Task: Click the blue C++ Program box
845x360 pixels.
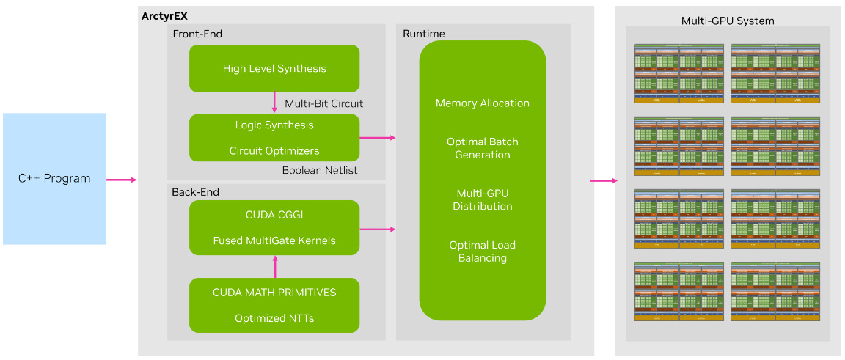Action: [x=54, y=178]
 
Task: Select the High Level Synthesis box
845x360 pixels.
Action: [x=274, y=68]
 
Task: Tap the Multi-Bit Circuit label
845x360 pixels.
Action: [x=323, y=103]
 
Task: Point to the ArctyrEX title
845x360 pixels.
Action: [x=164, y=15]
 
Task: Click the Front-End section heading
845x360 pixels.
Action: [x=197, y=34]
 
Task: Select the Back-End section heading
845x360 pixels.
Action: [x=195, y=192]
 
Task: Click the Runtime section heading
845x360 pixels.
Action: [x=424, y=34]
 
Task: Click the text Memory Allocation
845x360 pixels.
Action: [x=482, y=103]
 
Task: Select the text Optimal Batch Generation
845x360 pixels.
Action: [x=482, y=148]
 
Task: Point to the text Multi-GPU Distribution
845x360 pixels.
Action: [x=482, y=199]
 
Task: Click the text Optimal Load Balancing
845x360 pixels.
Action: [x=482, y=251]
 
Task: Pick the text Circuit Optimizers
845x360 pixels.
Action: [x=274, y=151]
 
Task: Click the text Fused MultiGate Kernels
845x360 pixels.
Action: [x=274, y=240]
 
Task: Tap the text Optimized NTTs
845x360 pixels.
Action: [x=274, y=318]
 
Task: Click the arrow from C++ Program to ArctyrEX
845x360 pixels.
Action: [x=122, y=179]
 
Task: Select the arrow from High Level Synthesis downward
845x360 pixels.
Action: [x=274, y=103]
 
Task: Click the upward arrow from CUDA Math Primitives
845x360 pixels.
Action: [x=274, y=266]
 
